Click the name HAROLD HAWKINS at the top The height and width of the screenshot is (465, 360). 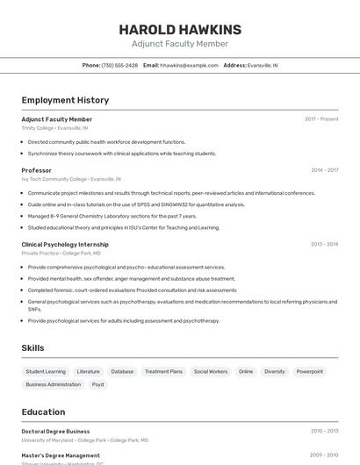click(x=180, y=30)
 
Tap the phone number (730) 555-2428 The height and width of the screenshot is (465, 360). click(x=119, y=65)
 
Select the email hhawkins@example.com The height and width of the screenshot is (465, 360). click(x=189, y=65)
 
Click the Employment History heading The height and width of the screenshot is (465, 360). click(x=65, y=100)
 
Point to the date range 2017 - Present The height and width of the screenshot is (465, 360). click(x=321, y=119)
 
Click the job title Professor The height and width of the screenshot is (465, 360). click(x=37, y=170)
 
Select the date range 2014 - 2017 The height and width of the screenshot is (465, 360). click(x=324, y=170)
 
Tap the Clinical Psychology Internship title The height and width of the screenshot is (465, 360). click(x=65, y=245)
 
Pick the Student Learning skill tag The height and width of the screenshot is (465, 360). click(x=46, y=371)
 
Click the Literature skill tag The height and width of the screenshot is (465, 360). click(x=89, y=371)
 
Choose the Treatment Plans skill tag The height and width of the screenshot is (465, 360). click(x=163, y=371)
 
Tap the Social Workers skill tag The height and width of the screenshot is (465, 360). click(x=211, y=371)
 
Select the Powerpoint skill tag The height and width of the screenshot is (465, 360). click(x=309, y=371)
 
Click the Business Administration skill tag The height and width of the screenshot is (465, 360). click(x=54, y=384)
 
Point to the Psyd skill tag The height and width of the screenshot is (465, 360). click(x=98, y=384)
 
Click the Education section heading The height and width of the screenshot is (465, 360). click(x=43, y=411)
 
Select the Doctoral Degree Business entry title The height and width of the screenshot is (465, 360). click(x=55, y=432)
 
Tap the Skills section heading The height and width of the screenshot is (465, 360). click(x=32, y=348)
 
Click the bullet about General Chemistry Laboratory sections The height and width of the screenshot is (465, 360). click(x=112, y=216)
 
